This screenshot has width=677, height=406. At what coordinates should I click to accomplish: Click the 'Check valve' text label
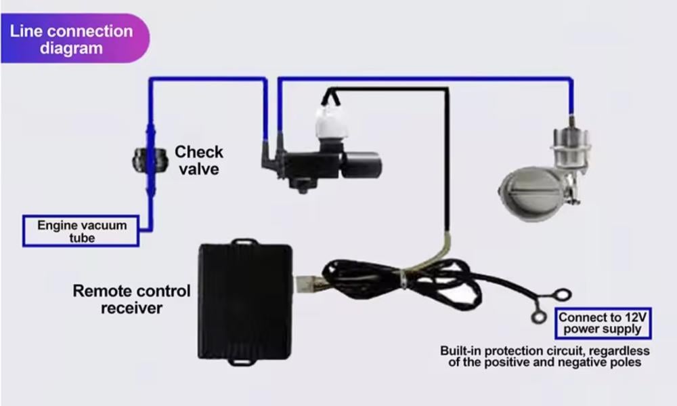pos(198,160)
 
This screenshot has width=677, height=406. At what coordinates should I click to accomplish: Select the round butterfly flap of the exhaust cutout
pos(531,192)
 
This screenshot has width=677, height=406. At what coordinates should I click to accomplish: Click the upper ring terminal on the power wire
pos(562,296)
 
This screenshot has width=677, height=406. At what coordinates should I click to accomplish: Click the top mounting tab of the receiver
pos(244,241)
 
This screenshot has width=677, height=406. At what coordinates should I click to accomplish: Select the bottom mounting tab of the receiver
pos(241,361)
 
